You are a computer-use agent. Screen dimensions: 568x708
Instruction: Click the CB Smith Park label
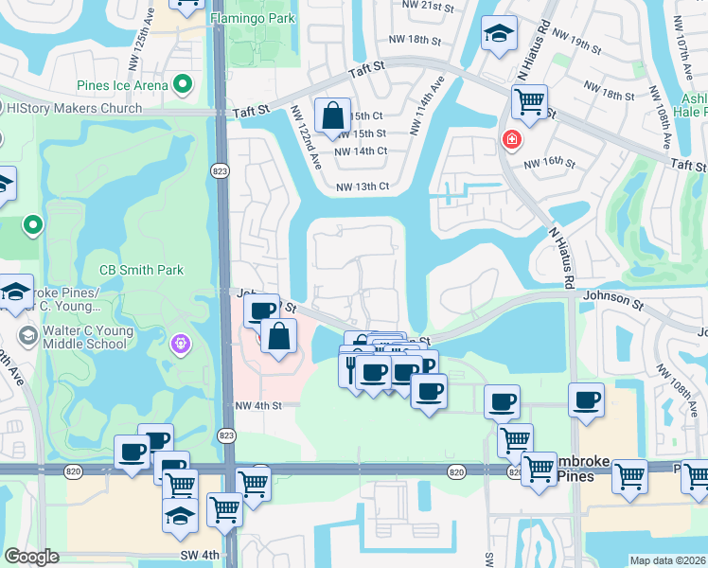click(x=142, y=270)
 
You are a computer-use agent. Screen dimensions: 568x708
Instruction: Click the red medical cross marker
click(x=512, y=140)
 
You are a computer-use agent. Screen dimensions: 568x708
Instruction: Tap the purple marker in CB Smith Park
click(x=181, y=343)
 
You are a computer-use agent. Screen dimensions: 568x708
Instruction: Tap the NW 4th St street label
click(x=260, y=406)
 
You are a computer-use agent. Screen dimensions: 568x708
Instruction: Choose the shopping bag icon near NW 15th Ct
click(x=333, y=116)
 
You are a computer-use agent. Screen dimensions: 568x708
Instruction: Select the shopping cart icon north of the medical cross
click(x=529, y=99)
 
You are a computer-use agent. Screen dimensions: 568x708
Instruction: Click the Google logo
click(x=31, y=557)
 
